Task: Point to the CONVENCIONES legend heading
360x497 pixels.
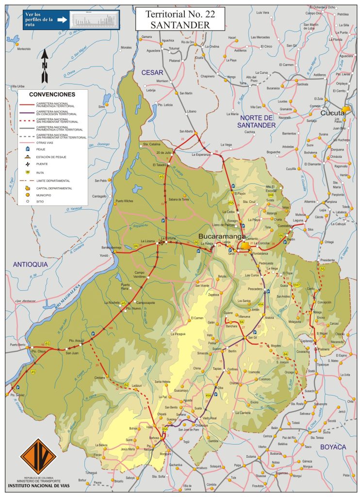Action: point(52,94)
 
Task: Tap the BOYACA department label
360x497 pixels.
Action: point(332,447)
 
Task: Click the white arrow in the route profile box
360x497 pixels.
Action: point(61,20)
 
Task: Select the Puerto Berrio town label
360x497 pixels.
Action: point(17,345)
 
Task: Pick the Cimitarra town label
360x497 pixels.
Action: point(100,377)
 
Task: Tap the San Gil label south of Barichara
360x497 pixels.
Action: point(252,337)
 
